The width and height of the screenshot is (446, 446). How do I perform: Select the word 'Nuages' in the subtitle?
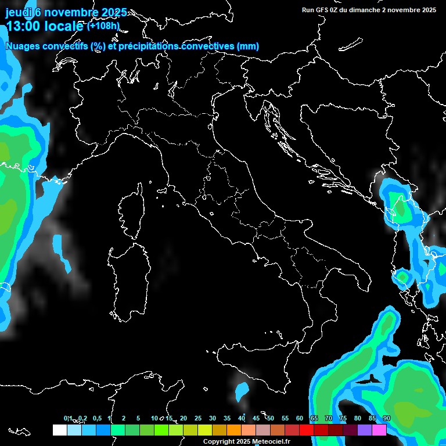23,46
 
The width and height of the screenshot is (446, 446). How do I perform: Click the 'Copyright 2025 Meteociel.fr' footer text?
254,442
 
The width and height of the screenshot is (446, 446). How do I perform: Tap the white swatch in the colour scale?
59,430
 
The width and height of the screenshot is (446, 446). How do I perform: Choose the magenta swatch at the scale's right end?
379,430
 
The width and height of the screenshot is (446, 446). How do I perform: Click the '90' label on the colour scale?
387,418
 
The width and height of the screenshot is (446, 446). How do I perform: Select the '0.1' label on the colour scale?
68,418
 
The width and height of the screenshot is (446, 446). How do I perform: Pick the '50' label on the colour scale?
271,418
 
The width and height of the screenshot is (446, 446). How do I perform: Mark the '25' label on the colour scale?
197,418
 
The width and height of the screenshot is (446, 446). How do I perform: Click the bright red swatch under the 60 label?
306,430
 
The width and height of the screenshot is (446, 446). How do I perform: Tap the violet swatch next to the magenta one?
364,430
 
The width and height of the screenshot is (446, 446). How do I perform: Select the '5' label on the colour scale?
138,418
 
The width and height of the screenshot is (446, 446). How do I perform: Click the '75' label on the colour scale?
343,418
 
